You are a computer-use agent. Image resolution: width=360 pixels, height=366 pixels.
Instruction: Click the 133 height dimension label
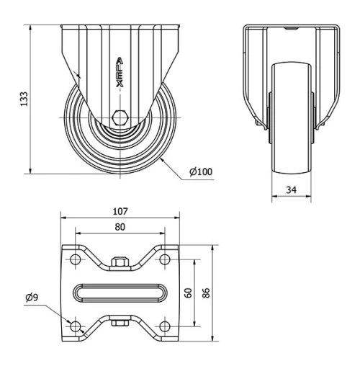[x=24, y=99]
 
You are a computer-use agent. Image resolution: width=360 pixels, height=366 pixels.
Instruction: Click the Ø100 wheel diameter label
[x=200, y=172]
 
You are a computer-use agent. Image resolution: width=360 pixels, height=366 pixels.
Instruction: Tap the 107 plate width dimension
[x=120, y=211]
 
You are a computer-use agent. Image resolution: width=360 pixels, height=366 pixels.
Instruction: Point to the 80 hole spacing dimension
[x=120, y=228]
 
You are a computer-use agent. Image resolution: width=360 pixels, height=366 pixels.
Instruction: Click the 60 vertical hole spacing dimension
[x=189, y=293]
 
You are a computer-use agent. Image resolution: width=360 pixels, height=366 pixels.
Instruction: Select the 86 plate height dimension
[x=206, y=293]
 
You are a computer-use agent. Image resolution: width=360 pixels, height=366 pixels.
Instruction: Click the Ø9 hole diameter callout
[x=32, y=297]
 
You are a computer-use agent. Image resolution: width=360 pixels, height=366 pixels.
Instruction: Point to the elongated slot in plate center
[x=120, y=293]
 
